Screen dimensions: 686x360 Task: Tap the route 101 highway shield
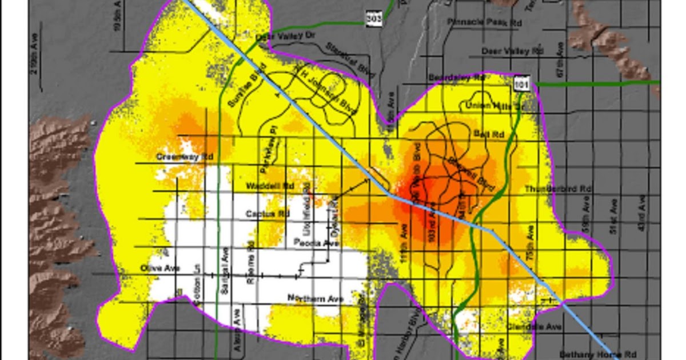coord(520,84)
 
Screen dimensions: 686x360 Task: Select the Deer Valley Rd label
coord(512,51)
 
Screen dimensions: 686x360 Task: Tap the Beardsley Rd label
coord(457,77)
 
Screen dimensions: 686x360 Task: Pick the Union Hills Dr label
coord(494,106)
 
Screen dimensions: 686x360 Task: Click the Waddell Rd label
coord(270,186)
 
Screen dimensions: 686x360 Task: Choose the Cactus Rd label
coord(268,214)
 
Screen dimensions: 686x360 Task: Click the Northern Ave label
coord(316,298)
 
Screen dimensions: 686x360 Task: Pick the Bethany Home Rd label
coord(590,354)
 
